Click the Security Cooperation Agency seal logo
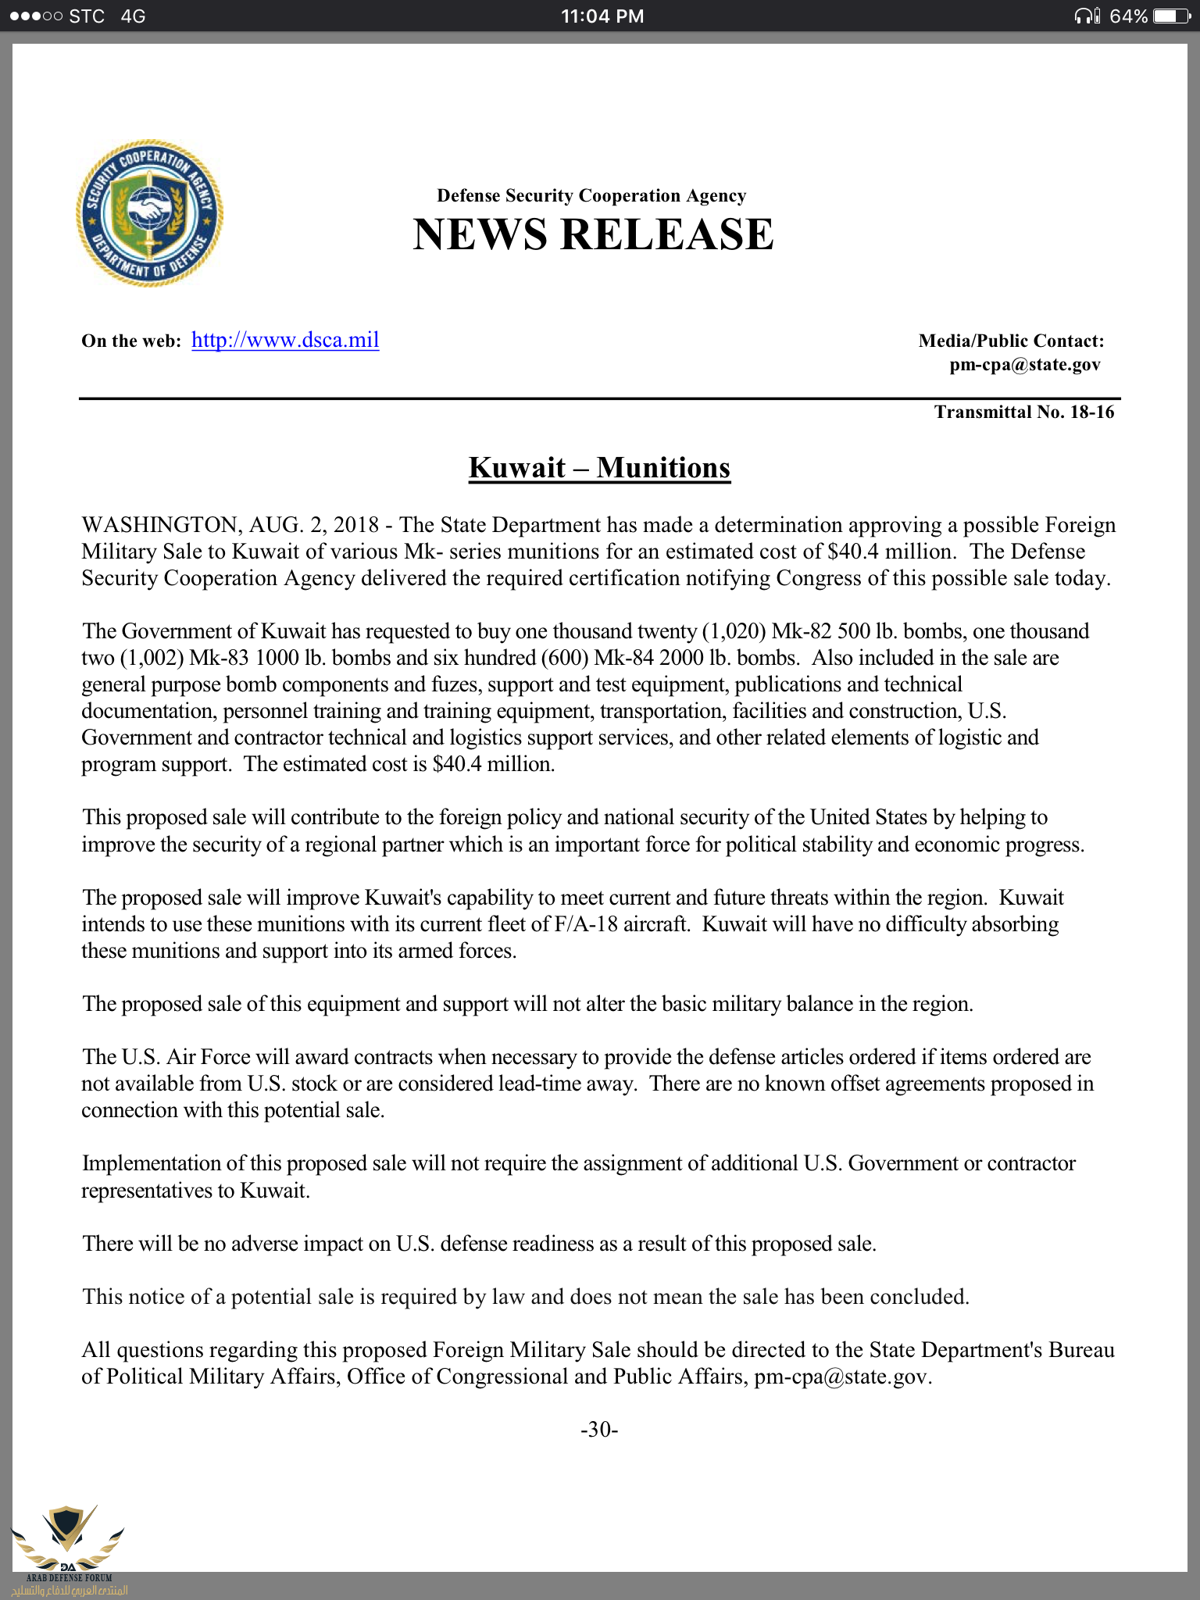click(149, 212)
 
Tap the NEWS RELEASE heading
click(593, 234)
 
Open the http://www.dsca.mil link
click(285, 340)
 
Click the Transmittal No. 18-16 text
click(1024, 412)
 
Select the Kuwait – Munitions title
click(599, 467)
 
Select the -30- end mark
click(599, 1429)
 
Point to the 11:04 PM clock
click(602, 16)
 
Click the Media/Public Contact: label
click(1011, 341)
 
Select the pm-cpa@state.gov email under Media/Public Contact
click(1025, 365)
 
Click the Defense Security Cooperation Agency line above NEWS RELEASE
click(591, 195)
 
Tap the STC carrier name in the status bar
click(87, 16)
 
